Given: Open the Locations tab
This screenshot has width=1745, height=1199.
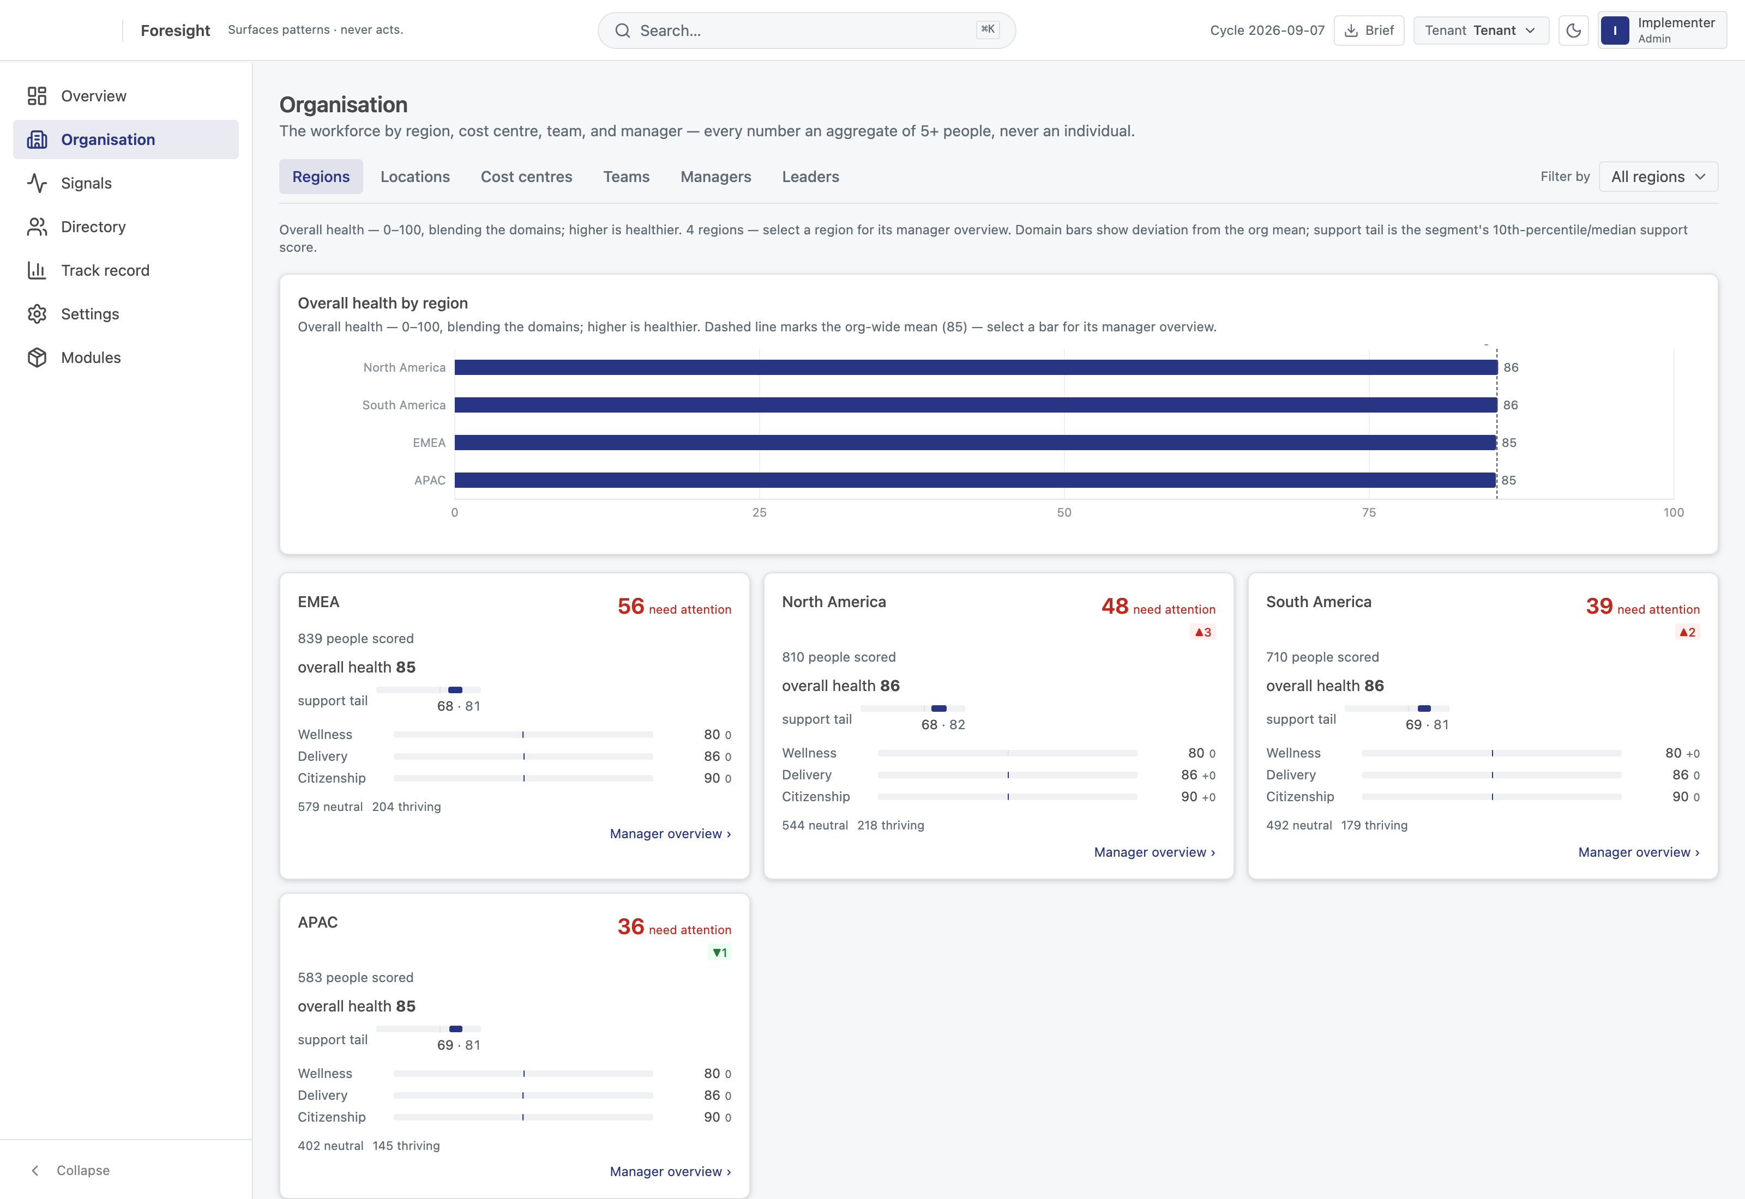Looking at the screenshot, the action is click(415, 177).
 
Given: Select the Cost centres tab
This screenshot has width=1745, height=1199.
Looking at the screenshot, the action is click(526, 177).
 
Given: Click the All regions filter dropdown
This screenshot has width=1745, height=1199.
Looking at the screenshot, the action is click(1658, 177).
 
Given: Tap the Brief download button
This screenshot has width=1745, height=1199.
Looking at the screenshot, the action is click(1369, 30).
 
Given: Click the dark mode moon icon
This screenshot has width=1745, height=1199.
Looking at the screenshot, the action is click(1573, 30).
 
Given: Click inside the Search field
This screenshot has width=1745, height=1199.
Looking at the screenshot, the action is click(807, 30).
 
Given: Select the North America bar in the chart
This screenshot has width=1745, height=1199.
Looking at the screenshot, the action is click(976, 367).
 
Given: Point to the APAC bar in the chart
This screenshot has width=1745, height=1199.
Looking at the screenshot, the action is click(974, 480).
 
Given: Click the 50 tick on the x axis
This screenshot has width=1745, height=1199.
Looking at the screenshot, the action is click(1064, 512).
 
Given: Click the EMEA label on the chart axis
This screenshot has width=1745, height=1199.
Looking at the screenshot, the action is click(429, 443).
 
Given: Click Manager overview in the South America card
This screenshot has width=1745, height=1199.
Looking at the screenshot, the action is click(1638, 852).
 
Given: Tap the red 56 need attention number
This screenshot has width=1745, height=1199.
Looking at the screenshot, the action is click(630, 606).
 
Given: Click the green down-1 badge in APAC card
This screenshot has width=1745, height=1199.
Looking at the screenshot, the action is click(720, 953).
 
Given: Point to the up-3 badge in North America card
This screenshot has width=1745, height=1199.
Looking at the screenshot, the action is click(1203, 633).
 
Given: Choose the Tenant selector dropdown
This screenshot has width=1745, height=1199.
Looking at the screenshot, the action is click(1481, 30).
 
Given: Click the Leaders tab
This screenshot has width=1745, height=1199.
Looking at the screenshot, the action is click(810, 177).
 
